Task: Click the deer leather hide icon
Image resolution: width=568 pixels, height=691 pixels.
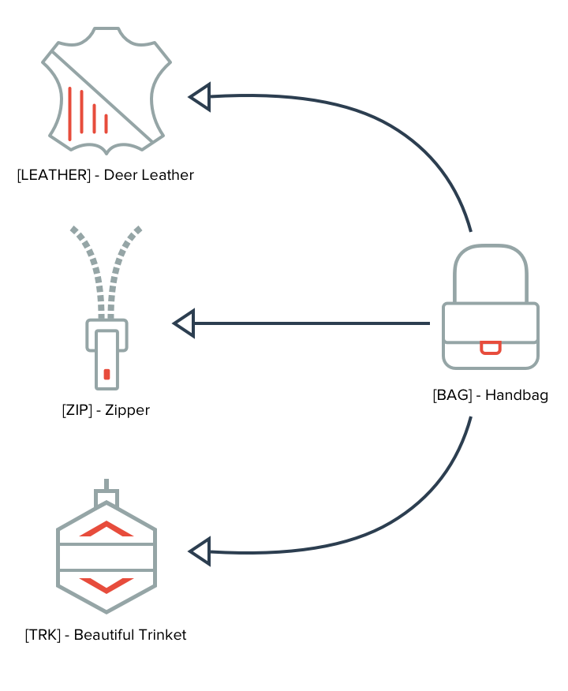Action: [106, 91]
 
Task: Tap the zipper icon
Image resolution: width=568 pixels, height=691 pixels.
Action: [106, 308]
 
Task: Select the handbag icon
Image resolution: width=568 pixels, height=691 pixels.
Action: [491, 307]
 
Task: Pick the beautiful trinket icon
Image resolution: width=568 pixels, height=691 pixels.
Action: [106, 547]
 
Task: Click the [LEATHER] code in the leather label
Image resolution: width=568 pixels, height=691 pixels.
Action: [54, 175]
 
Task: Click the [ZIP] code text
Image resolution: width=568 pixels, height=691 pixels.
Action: [77, 410]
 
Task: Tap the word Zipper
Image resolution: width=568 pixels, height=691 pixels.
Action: [127, 411]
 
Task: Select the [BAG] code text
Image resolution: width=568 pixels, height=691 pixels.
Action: [453, 395]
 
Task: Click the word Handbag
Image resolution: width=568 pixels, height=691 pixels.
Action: [517, 395]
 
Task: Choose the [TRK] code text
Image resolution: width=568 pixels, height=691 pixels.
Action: [43, 634]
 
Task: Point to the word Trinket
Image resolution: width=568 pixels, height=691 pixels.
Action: [163, 634]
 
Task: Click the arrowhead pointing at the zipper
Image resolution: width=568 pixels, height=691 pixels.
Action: [185, 323]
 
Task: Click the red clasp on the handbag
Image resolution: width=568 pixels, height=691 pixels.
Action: [491, 348]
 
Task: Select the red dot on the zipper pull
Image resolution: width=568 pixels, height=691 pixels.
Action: [106, 374]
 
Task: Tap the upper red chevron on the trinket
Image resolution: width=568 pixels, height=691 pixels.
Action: [106, 529]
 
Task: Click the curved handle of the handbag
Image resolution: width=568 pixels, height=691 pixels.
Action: [491, 247]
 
